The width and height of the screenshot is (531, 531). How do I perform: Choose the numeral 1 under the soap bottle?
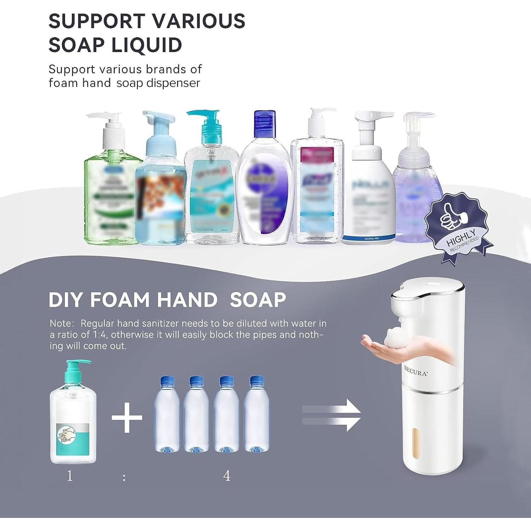tap(70, 475)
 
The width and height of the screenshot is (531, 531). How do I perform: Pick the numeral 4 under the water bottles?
tap(227, 476)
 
